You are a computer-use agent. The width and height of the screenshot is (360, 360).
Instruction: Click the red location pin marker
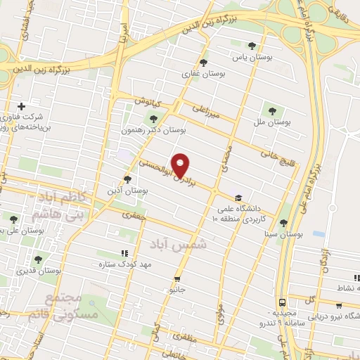click(x=181, y=165)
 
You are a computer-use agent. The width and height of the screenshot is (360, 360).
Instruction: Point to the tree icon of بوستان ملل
click(x=271, y=110)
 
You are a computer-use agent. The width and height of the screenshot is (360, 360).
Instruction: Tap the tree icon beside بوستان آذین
click(x=127, y=179)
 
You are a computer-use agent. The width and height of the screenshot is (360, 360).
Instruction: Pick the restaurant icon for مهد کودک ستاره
click(x=124, y=253)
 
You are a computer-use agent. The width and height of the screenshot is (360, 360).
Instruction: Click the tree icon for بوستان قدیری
click(x=38, y=259)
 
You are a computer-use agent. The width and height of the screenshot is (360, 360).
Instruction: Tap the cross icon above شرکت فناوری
click(x=22, y=106)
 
